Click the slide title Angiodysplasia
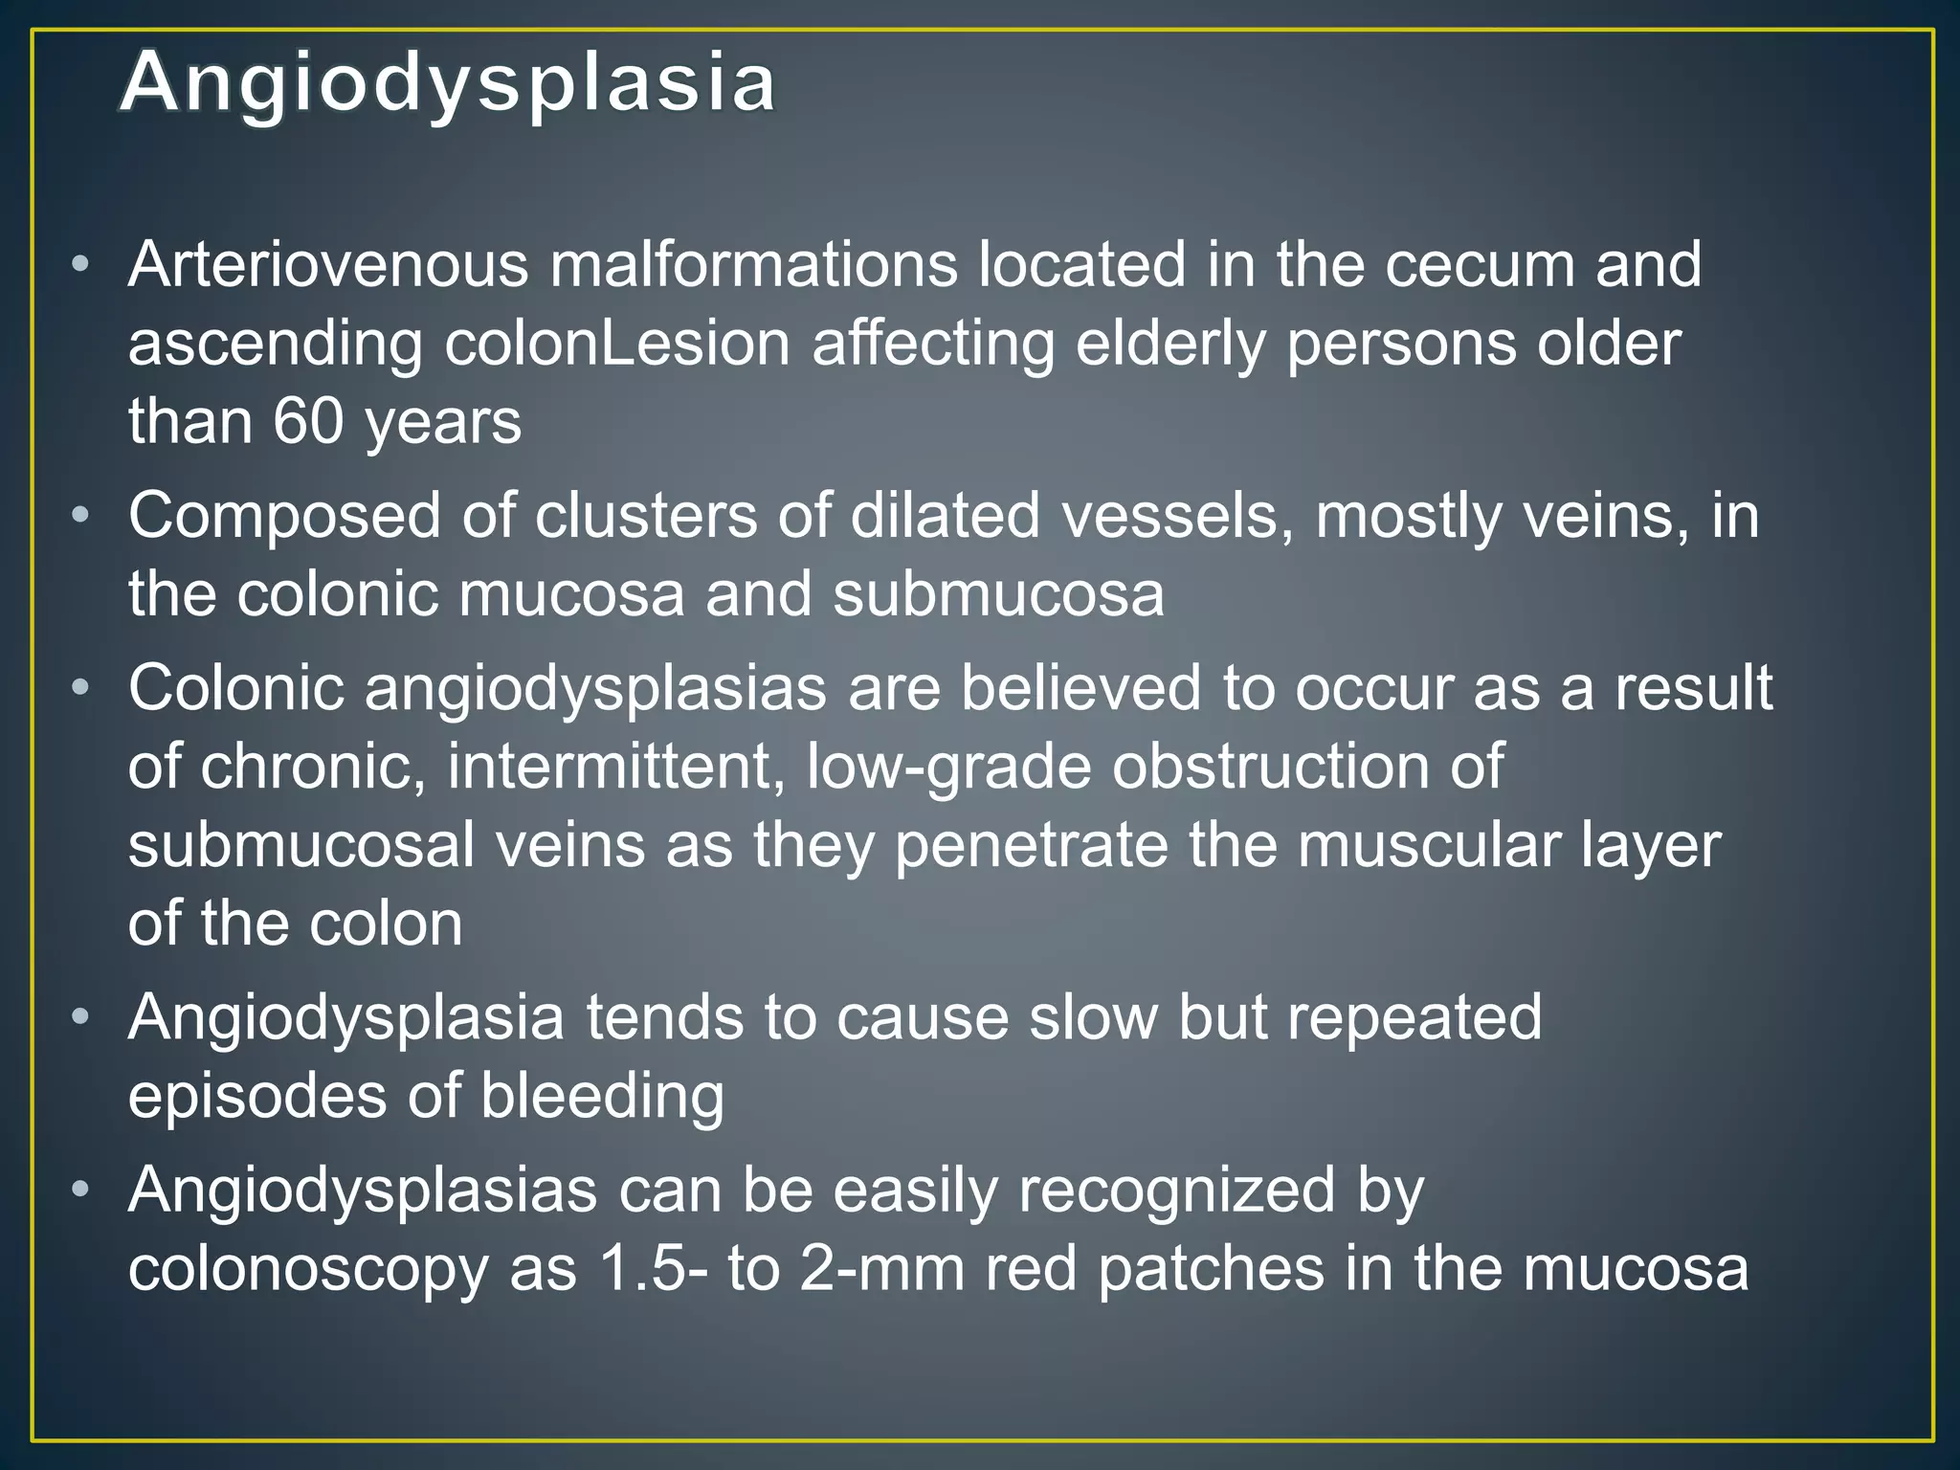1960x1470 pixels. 448,84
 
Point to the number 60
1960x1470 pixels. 308,421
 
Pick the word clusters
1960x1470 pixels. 644,517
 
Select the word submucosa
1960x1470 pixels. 997,594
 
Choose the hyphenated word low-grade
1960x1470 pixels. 948,768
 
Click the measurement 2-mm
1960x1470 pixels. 881,1270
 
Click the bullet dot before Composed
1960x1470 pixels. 81,515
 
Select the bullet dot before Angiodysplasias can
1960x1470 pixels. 81,1190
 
